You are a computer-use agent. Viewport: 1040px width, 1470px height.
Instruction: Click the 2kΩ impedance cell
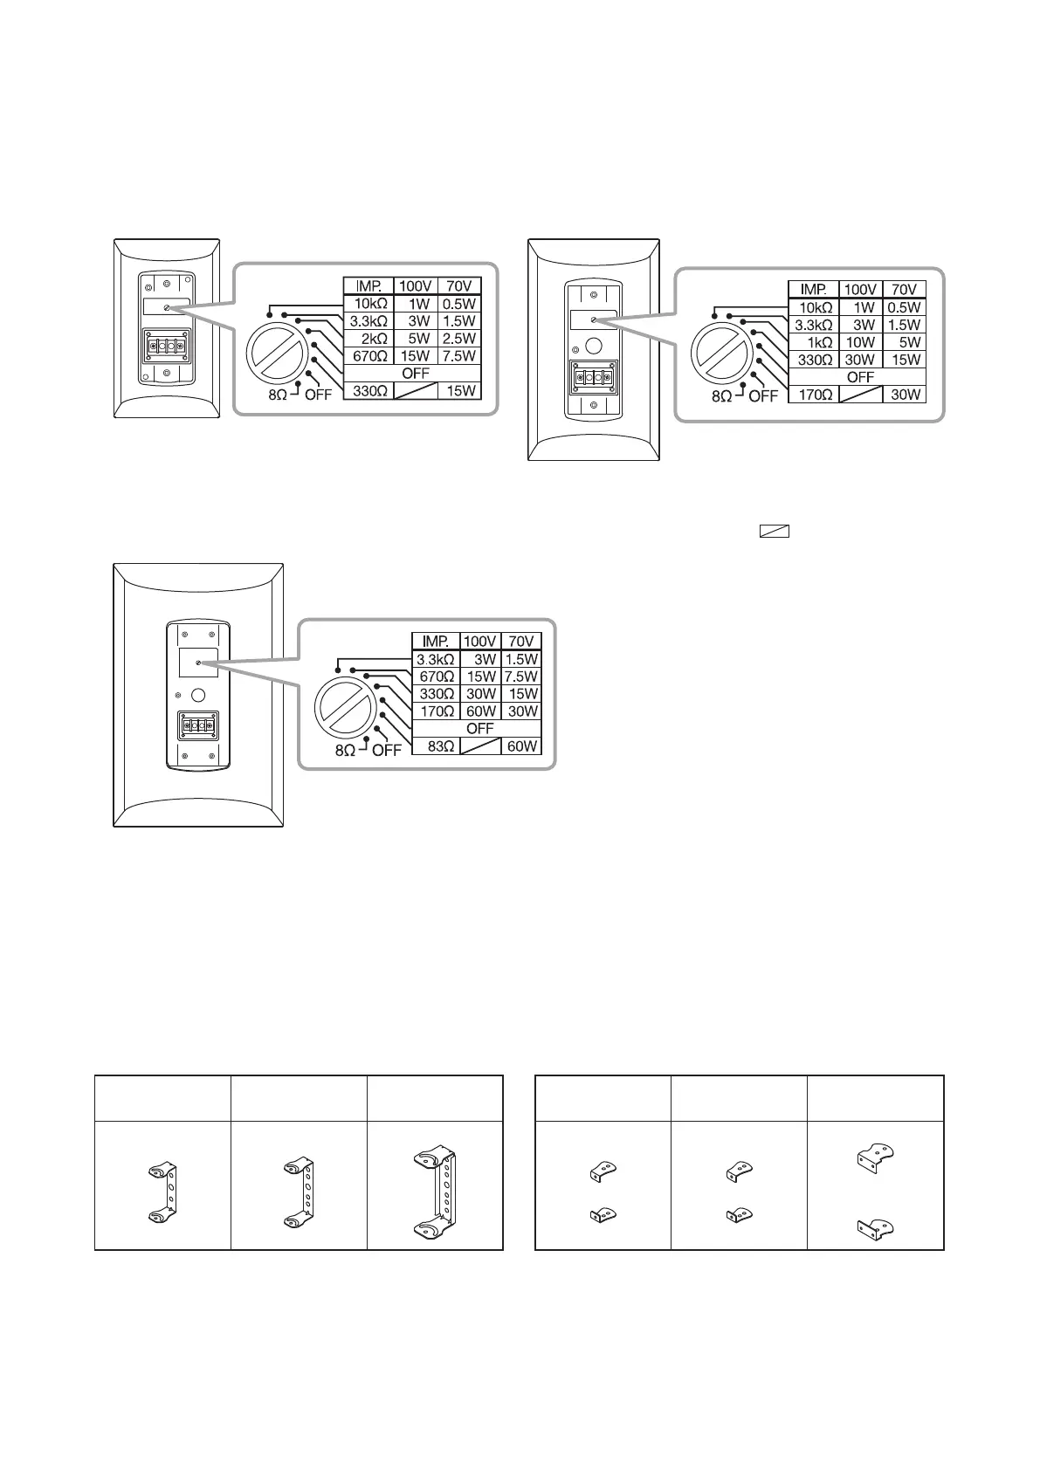click(x=369, y=338)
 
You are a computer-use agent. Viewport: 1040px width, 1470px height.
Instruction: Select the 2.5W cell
click(x=459, y=338)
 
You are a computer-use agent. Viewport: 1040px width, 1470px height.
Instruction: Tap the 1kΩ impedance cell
click(x=814, y=342)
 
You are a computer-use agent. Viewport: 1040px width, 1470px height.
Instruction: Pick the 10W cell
click(x=861, y=342)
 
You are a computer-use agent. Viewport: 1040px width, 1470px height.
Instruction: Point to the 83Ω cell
click(x=436, y=746)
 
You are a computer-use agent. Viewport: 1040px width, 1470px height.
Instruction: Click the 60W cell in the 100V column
click(x=479, y=711)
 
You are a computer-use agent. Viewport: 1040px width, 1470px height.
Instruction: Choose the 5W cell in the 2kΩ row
click(x=417, y=338)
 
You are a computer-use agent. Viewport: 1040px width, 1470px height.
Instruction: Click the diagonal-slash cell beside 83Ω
click(x=479, y=746)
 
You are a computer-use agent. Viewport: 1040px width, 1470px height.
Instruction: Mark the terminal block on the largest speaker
click(x=198, y=725)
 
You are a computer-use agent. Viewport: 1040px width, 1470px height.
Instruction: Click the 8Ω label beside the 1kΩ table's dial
click(x=722, y=395)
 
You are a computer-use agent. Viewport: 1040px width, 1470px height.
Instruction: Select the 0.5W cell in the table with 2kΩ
click(x=459, y=304)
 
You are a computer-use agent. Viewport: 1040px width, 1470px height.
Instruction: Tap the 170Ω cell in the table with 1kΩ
click(x=814, y=395)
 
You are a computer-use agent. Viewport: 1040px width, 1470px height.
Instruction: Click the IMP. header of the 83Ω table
click(x=436, y=642)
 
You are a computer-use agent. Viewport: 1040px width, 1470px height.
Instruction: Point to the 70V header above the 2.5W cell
click(x=459, y=285)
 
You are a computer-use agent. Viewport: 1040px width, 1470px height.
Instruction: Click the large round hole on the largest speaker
click(x=198, y=696)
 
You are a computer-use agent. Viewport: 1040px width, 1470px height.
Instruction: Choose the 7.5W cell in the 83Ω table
click(x=521, y=677)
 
